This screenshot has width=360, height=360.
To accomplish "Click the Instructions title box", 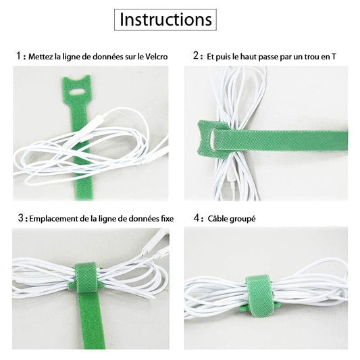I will (166, 20).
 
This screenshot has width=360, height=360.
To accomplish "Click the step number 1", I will (18, 55).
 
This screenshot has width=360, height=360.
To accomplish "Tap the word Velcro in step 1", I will (155, 56).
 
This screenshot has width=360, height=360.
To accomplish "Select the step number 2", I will (196, 55).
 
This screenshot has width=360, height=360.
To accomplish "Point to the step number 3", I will (19, 218).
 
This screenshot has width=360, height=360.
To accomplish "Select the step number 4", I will (196, 218).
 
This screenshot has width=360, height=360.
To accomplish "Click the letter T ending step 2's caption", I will (333, 56).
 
